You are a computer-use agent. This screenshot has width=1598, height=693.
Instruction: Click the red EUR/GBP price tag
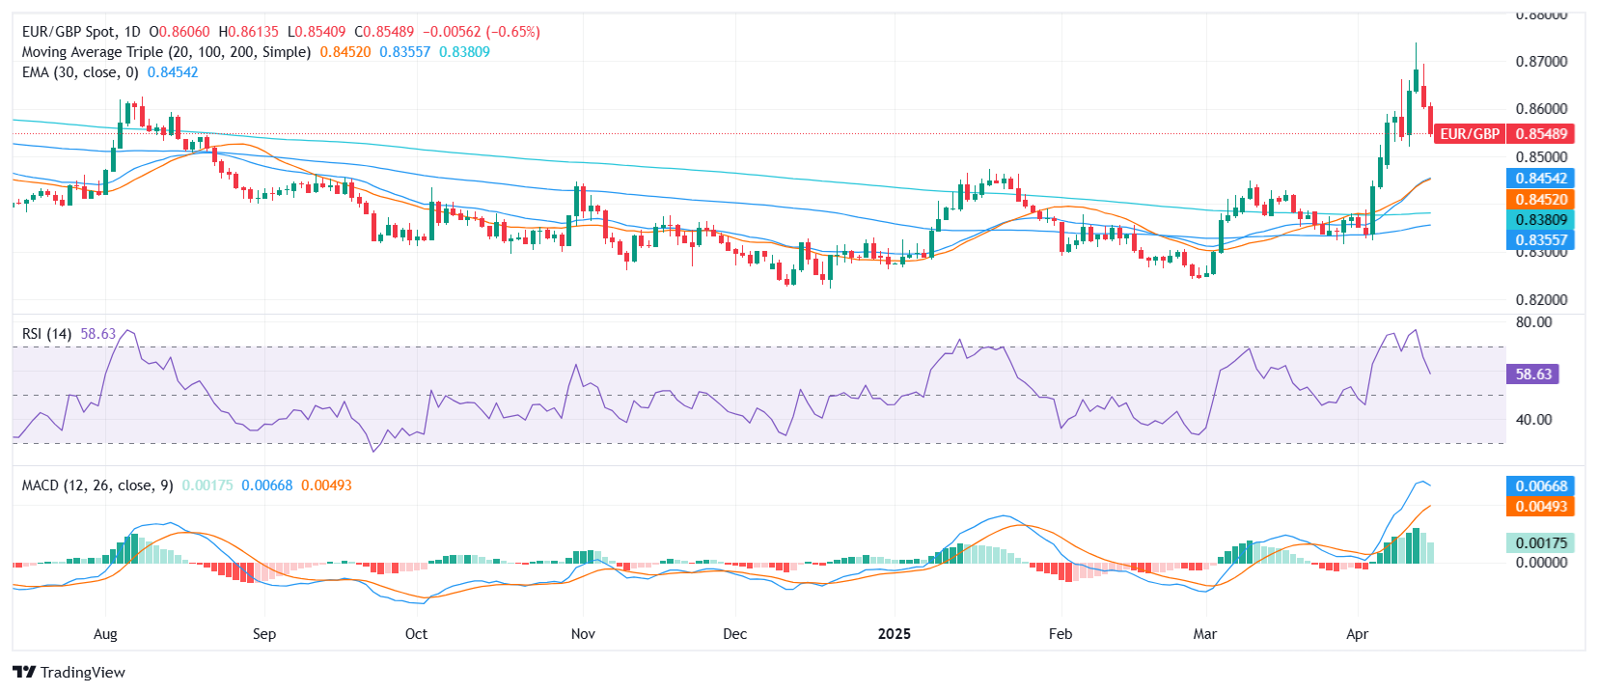(1469, 134)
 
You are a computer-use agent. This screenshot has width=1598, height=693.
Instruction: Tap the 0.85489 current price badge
(1541, 134)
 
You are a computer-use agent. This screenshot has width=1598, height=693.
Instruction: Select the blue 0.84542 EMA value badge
(1540, 179)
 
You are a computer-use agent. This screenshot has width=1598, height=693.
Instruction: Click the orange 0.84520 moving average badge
(1540, 200)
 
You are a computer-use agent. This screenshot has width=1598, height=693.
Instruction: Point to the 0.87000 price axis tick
(1541, 61)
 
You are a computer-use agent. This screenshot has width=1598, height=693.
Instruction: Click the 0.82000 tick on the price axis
(1541, 299)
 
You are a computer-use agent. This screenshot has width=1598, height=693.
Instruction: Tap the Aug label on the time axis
(105, 634)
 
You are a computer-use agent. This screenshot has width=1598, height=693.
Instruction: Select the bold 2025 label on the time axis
(894, 634)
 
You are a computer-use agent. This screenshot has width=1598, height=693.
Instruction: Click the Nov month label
(583, 634)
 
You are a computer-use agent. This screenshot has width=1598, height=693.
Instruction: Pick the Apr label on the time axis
(1357, 634)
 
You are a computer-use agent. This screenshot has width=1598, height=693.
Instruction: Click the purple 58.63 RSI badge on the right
(1532, 374)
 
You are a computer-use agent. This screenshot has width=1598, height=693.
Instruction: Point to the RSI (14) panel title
(46, 334)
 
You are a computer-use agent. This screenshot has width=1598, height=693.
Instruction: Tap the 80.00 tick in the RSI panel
(1533, 322)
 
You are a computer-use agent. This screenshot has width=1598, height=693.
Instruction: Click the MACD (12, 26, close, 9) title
(97, 485)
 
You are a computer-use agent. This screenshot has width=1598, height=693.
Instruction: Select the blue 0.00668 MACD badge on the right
(1540, 485)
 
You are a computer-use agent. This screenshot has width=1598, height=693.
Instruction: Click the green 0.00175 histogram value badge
(1540, 543)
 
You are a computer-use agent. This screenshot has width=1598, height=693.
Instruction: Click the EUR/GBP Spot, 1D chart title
(81, 32)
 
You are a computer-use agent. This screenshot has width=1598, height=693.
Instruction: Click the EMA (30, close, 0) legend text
(80, 72)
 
